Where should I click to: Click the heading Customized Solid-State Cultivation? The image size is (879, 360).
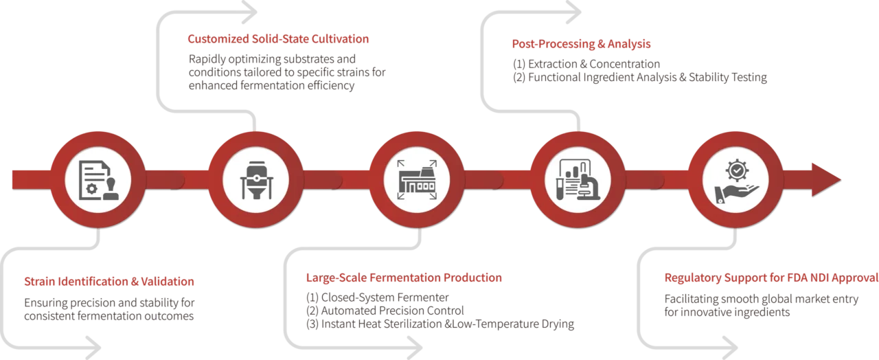pyautogui.click(x=279, y=38)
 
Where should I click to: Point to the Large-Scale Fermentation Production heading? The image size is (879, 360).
pyautogui.click(x=404, y=279)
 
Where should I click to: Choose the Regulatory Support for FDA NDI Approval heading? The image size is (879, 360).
pyautogui.click(x=770, y=279)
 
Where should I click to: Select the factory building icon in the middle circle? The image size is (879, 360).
pyautogui.click(x=417, y=180)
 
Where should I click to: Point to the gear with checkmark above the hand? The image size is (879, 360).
pyautogui.click(x=736, y=168)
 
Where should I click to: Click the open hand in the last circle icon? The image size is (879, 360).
pyautogui.click(x=731, y=192)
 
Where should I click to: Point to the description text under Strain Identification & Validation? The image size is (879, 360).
pyautogui.click(x=110, y=310)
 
